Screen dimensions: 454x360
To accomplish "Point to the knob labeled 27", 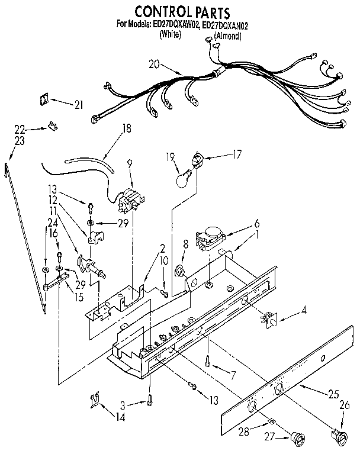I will point(296,438).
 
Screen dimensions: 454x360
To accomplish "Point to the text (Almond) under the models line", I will point(229,36).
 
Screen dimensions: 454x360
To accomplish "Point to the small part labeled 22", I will point(53,125).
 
